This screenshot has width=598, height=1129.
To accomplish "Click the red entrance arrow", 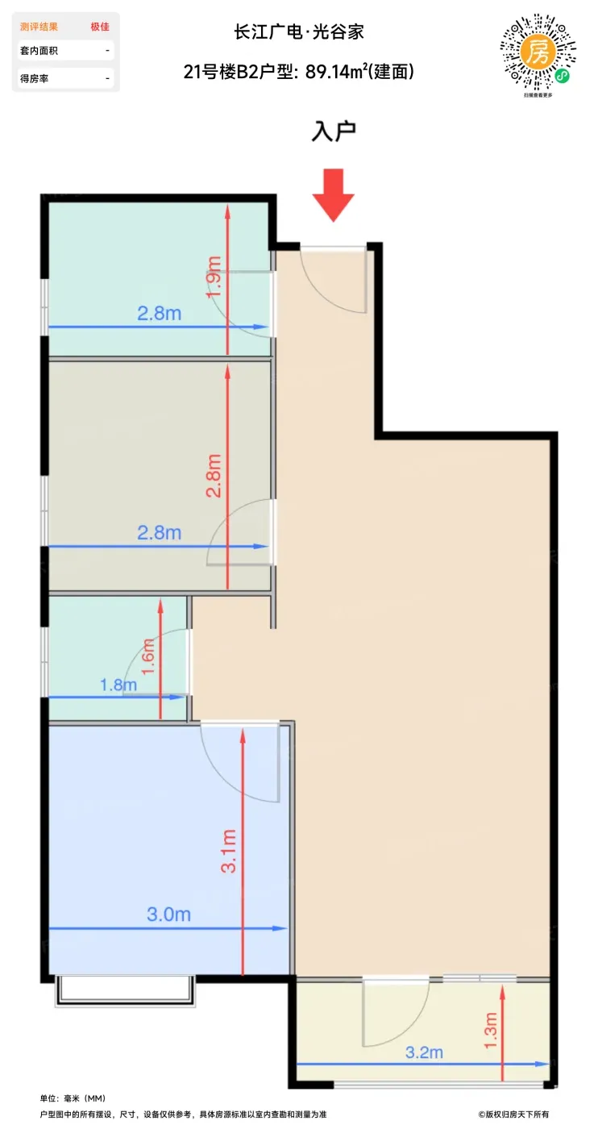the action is coord(333,194).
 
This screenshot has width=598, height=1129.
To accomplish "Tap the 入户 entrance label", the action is coord(334,131).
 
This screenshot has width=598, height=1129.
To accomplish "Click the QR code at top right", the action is coord(538,53).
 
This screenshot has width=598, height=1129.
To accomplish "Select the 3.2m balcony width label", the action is coord(424,1052).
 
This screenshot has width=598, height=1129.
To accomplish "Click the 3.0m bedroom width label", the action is coord(168,914).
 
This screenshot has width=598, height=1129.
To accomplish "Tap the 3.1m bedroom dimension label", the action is coord(228,851).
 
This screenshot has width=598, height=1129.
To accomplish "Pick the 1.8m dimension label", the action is coord(118,685).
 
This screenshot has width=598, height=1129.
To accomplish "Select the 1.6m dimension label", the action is coord(148,656).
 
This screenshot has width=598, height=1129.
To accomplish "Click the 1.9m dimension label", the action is coord(214,277).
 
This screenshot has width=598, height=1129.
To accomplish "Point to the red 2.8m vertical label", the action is coord(214,476).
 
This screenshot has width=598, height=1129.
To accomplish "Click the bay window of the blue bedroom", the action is coord(124,990).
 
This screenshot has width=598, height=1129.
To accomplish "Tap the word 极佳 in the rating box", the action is coord(100,27).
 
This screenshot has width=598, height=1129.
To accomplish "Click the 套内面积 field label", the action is coord(39,50).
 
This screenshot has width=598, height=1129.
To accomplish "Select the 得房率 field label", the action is coord(35,78).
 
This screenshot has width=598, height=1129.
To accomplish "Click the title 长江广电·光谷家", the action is coord(299,32).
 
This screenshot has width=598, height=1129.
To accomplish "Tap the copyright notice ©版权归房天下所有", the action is coord(513,1114).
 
